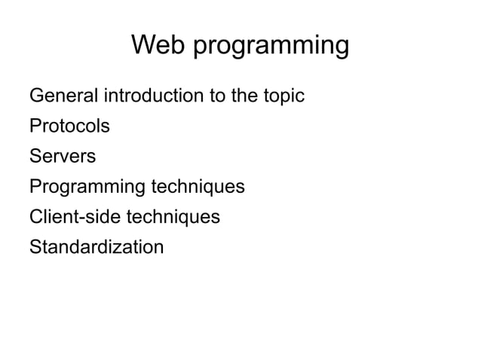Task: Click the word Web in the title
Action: (x=158, y=45)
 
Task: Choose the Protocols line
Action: (x=69, y=127)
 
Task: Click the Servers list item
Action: (x=63, y=157)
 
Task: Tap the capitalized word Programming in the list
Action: (x=87, y=188)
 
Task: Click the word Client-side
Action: (x=75, y=217)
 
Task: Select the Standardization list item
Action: (x=96, y=247)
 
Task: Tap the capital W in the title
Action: (x=144, y=45)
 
